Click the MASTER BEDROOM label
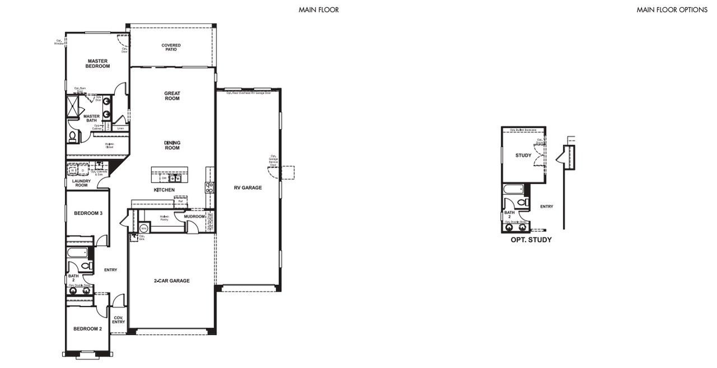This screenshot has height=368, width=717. pyautogui.click(x=97, y=63)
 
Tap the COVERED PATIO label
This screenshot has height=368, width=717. pyautogui.click(x=171, y=47)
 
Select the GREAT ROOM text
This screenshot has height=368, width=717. pyautogui.click(x=172, y=96)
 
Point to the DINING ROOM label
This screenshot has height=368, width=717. pyautogui.click(x=172, y=145)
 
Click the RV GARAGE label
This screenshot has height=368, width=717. pyautogui.click(x=248, y=188)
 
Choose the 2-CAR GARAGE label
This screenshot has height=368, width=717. pyautogui.click(x=171, y=281)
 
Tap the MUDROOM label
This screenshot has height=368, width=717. pyautogui.click(x=194, y=216)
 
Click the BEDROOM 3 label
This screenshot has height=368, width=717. pyautogui.click(x=88, y=213)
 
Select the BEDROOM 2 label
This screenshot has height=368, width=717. pyautogui.click(x=88, y=329)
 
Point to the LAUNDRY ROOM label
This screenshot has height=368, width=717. pyautogui.click(x=81, y=183)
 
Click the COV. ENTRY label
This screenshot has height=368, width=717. pyautogui.click(x=118, y=320)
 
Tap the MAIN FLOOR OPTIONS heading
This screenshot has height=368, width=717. pyautogui.click(x=672, y=10)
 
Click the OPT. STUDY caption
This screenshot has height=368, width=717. pyautogui.click(x=530, y=240)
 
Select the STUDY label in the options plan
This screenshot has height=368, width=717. pyautogui.click(x=523, y=155)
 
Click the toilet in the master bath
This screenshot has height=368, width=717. pyautogui.click(x=73, y=136)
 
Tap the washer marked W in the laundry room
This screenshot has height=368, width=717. pyautogui.click(x=72, y=170)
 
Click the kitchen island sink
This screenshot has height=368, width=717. pyautogui.click(x=175, y=178)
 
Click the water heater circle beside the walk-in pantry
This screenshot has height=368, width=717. pyautogui.click(x=143, y=228)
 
